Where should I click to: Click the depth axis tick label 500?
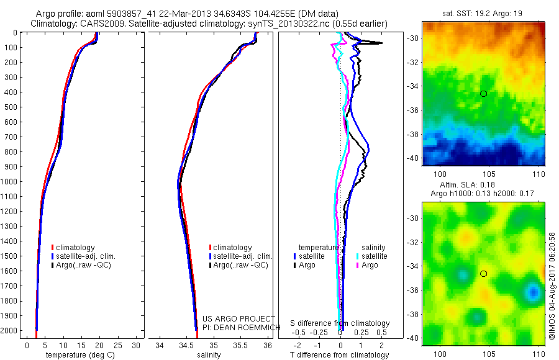point(9,107)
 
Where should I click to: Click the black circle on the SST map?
point(483,93)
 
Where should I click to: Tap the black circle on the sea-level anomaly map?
point(483,273)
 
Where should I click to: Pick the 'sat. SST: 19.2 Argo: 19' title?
point(484,12)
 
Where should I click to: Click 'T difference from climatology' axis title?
point(340,355)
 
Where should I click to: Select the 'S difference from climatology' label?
point(340,323)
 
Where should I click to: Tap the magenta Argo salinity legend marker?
point(357,265)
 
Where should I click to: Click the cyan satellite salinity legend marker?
point(357,256)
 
